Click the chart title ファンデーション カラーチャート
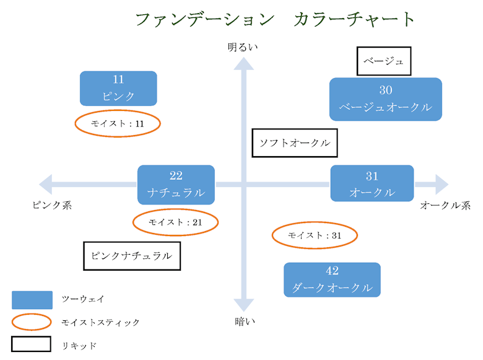coord(274,19)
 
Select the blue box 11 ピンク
coord(118,88)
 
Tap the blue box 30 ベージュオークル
coord(385,99)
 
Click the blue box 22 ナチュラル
coord(176,183)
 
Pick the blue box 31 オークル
coord(372,183)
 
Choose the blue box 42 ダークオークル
coord(332,279)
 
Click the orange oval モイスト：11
coord(118,124)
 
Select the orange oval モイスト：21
coord(176,222)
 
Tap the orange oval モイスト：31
coord(315,235)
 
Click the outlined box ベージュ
coord(384,61)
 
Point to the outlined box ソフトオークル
coord(295,143)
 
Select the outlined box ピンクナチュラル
coord(132,255)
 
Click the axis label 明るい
coord(243,47)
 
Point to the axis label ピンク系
coord(52,205)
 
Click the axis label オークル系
coord(445,205)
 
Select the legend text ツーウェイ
coord(83,299)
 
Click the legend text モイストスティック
coord(100,322)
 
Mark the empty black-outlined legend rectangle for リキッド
coord(31,345)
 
